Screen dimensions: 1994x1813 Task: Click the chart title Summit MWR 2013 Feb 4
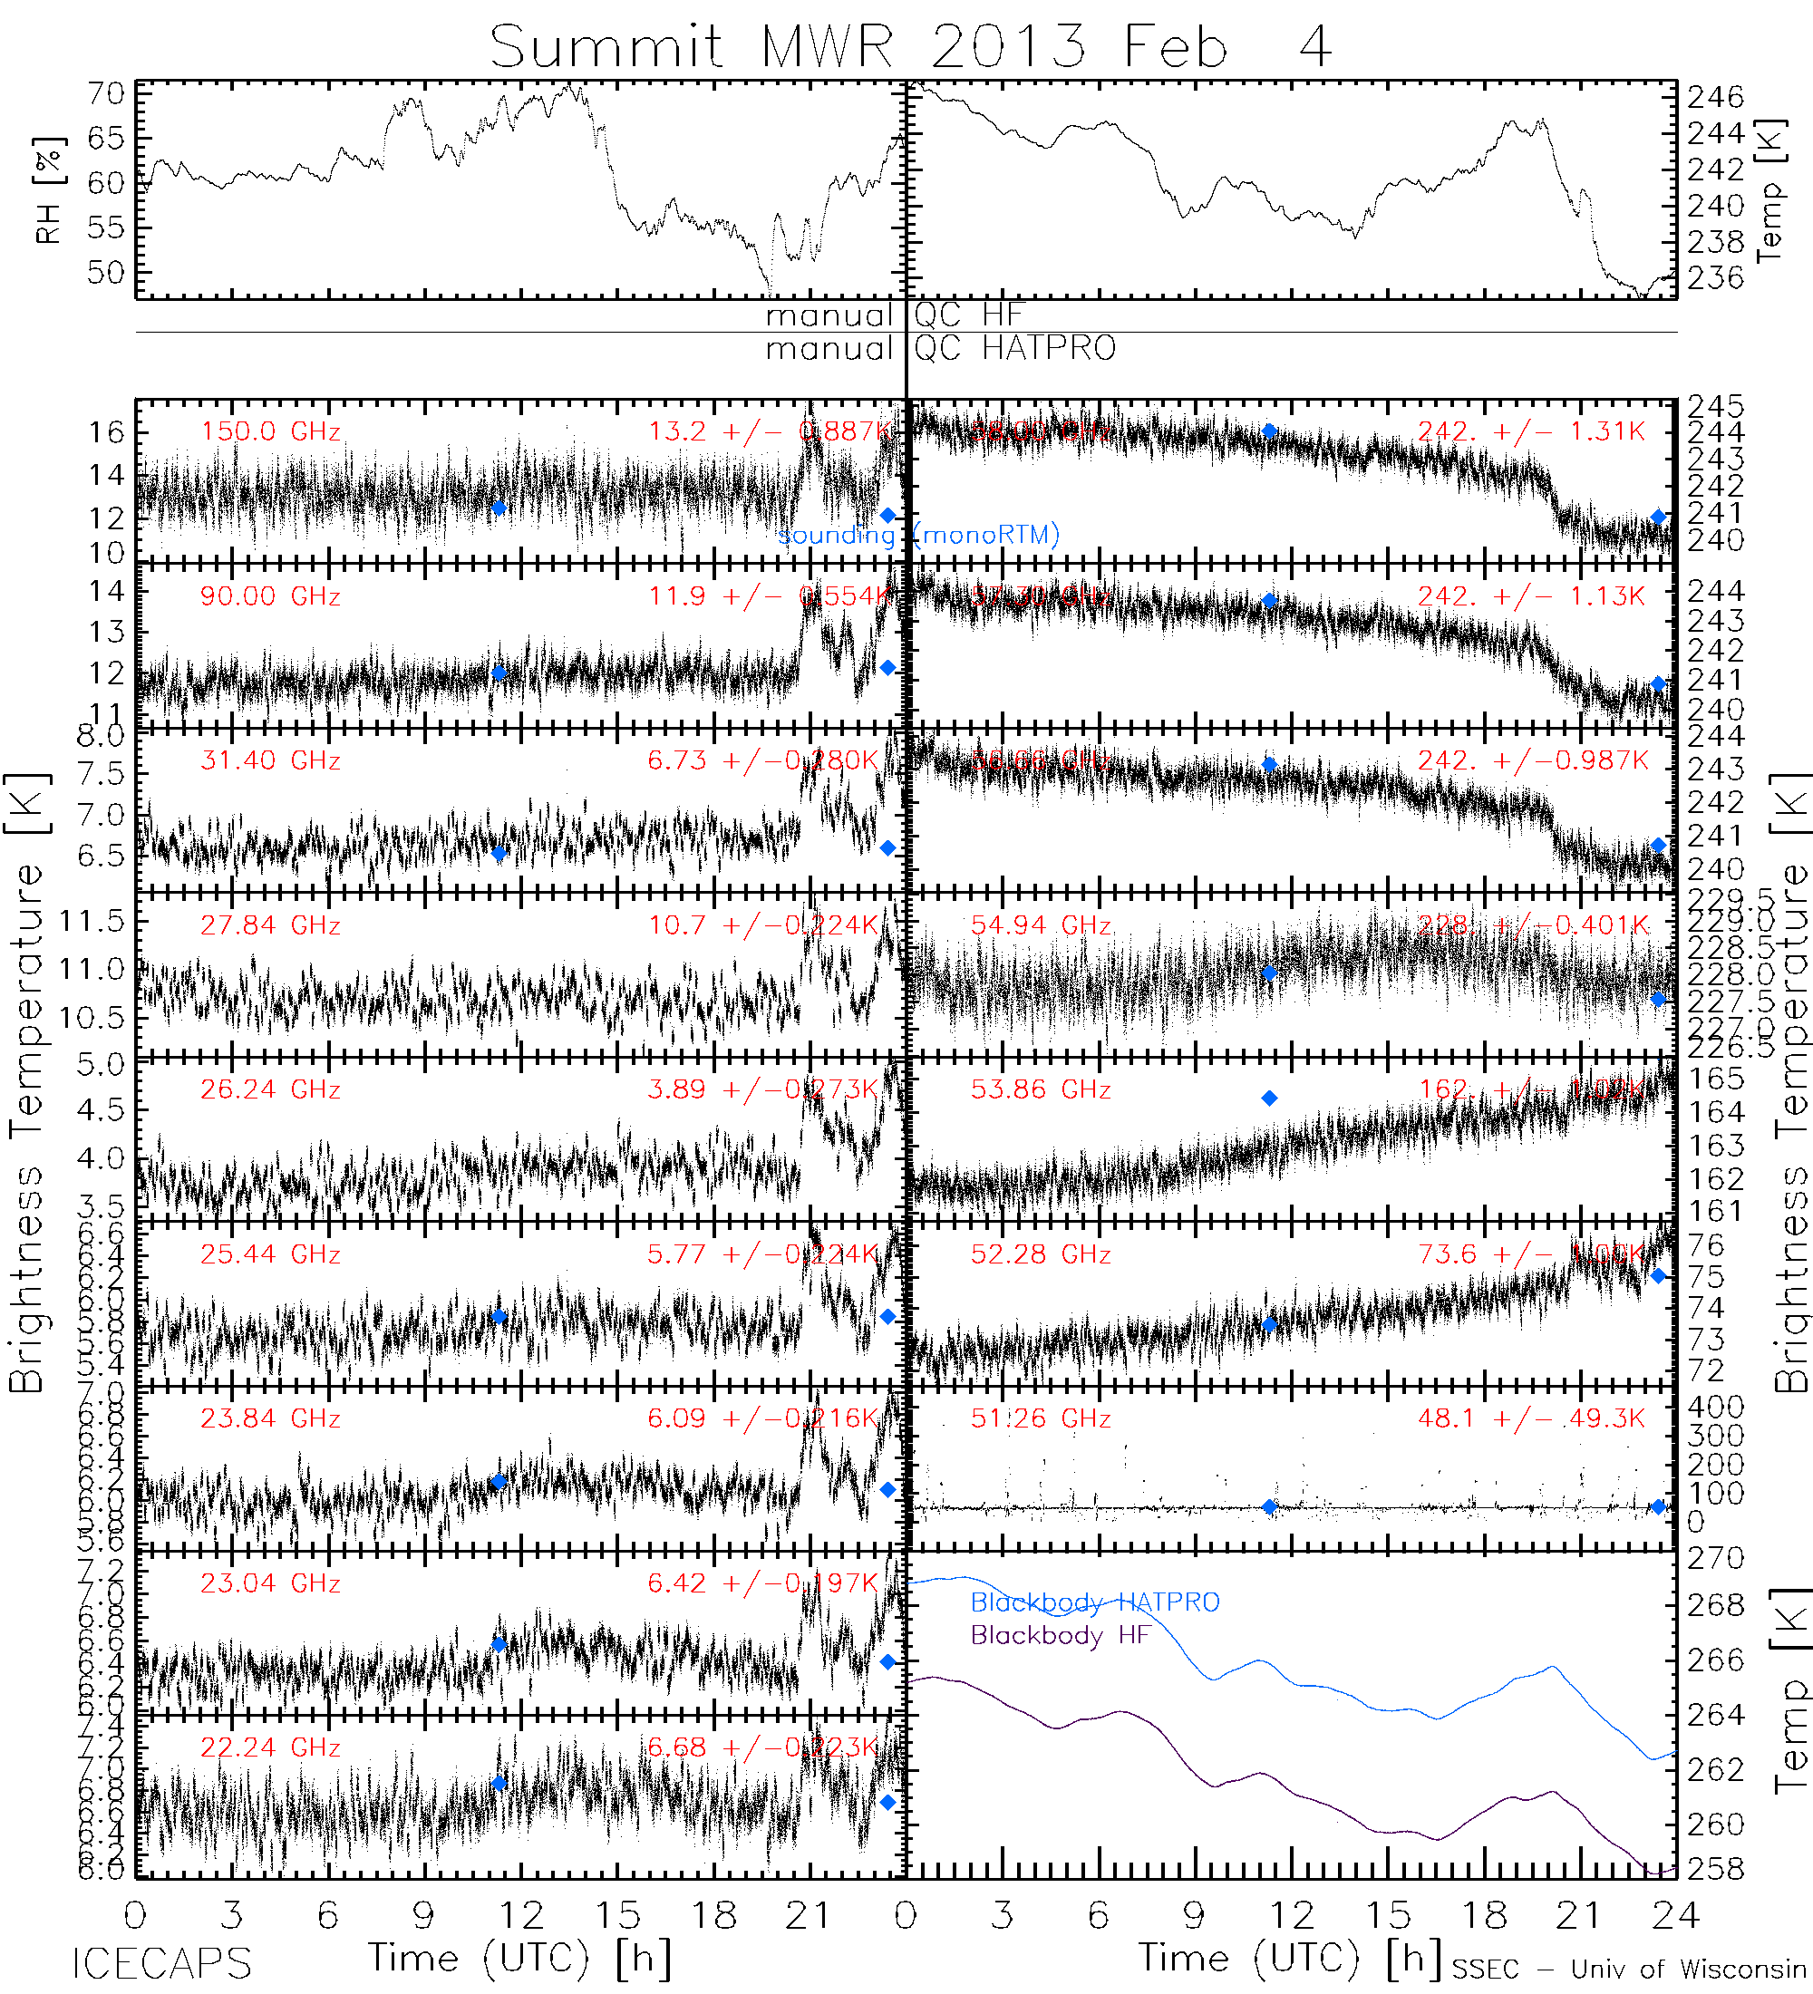(x=910, y=46)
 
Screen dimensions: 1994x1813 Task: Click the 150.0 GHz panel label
(x=270, y=431)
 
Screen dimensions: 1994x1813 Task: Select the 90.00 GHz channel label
(x=270, y=596)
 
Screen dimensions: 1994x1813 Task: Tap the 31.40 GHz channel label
(x=270, y=760)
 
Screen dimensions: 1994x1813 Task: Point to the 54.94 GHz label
(x=1041, y=925)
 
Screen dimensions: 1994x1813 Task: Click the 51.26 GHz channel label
(x=1041, y=1418)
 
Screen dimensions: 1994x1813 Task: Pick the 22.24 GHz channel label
(x=270, y=1747)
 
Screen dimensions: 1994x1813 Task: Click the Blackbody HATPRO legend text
(x=1095, y=1602)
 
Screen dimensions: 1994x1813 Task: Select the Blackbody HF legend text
(x=1061, y=1635)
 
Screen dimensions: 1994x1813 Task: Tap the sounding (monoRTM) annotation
(x=919, y=535)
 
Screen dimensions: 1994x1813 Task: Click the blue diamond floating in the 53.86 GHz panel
(x=1269, y=1098)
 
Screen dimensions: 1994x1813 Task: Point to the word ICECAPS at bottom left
(x=162, y=1963)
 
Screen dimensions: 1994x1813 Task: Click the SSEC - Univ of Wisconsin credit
(x=1629, y=1970)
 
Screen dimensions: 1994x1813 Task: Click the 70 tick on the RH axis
(x=106, y=94)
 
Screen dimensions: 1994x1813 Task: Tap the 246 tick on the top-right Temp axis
(x=1715, y=97)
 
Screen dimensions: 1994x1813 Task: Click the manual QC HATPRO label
(x=940, y=348)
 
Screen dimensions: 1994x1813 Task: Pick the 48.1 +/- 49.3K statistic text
(x=1531, y=1418)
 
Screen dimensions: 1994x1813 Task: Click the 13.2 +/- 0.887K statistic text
(x=771, y=431)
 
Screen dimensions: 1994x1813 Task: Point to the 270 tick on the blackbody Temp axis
(x=1715, y=1559)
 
